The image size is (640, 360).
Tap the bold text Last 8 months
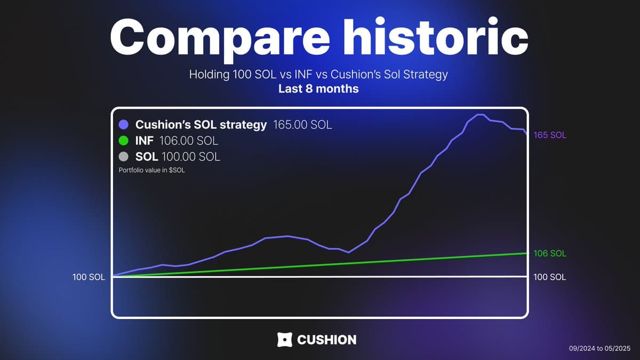318,89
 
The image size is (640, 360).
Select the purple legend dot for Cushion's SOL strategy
123,125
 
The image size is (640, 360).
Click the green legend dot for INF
123,141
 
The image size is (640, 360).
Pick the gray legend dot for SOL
123,157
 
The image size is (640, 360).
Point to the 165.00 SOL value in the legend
302,125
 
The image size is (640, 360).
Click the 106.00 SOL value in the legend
189,141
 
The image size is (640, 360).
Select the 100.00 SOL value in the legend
191,157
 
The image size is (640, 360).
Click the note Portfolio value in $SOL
151,170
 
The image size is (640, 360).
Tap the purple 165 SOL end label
550,135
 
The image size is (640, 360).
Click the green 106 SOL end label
550,253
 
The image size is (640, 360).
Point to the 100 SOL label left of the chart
89,277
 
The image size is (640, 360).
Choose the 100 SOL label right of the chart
550,277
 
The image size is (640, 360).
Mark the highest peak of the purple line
480,115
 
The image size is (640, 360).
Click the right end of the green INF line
526,253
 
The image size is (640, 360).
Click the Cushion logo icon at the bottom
285,340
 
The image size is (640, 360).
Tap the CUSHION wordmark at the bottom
327,340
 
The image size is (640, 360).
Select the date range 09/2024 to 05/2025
599,349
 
